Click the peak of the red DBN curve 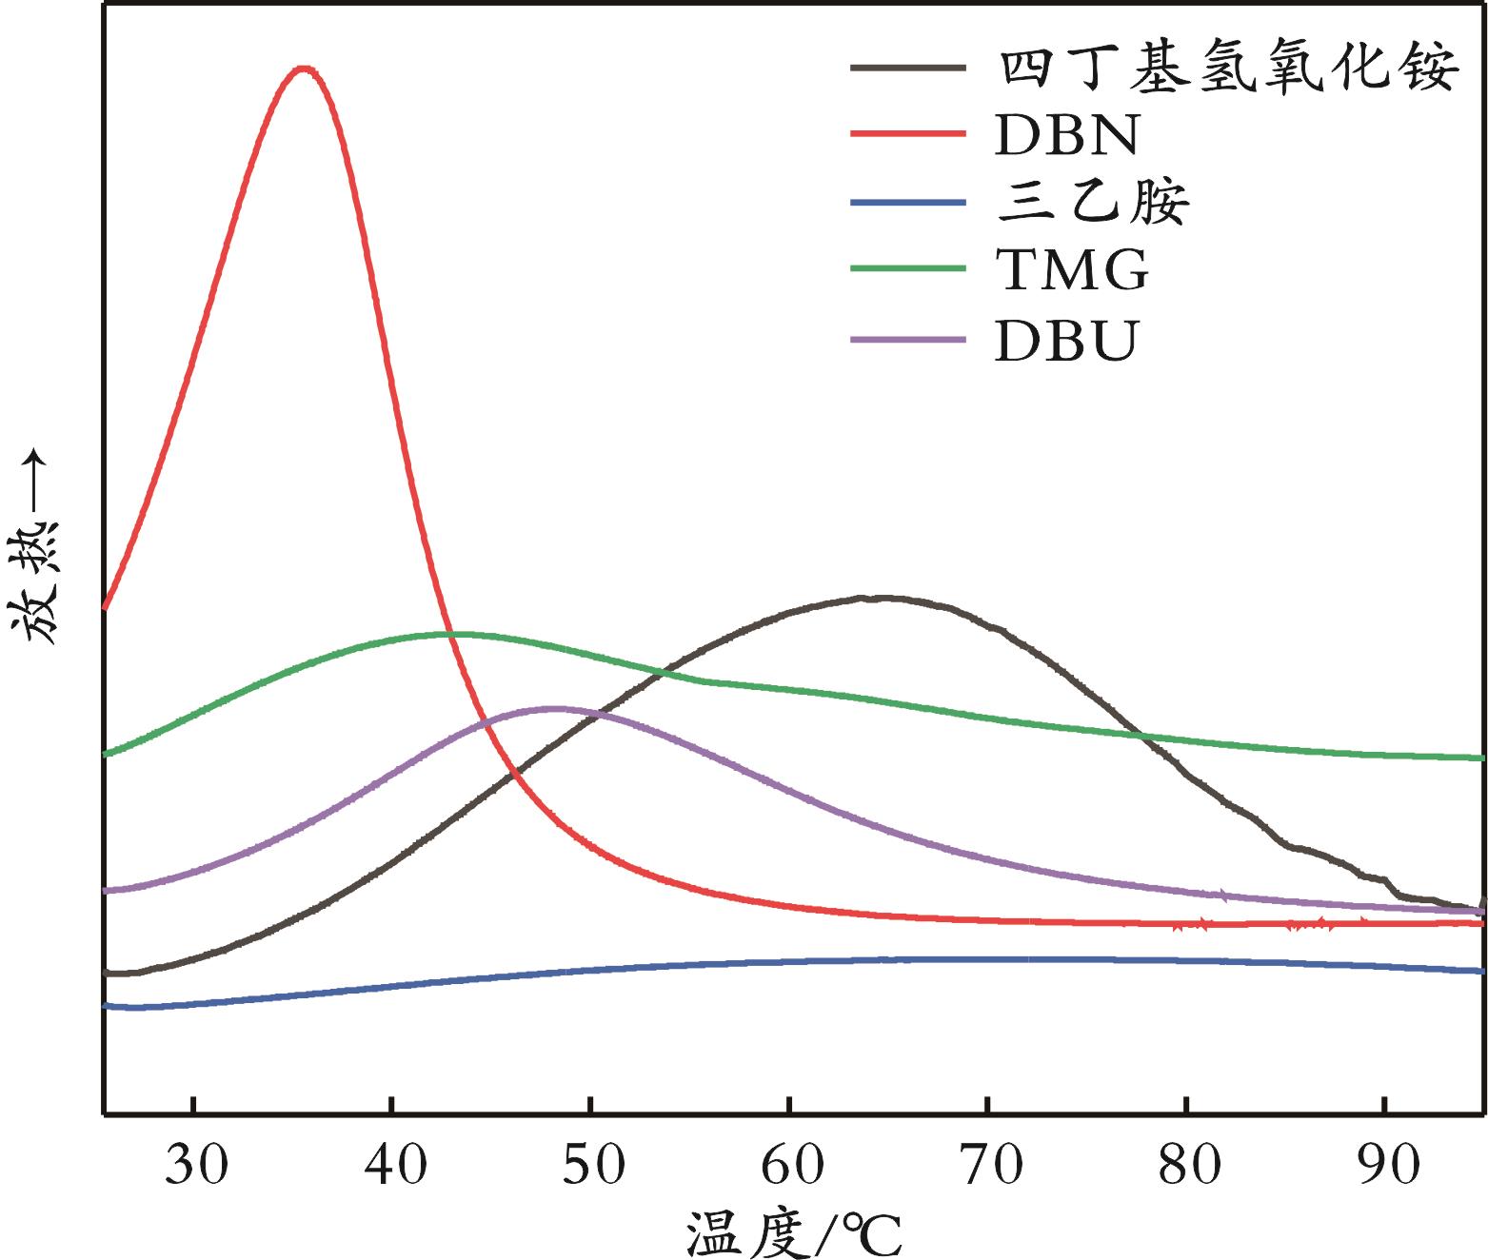pyautogui.click(x=304, y=69)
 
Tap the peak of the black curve pyautogui.click(x=881, y=598)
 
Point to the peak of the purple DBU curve pyautogui.click(x=553, y=708)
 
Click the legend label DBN pyautogui.click(x=1066, y=135)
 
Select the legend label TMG pyautogui.click(x=1072, y=271)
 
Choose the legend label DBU pyautogui.click(x=1066, y=341)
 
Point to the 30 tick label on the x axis pyautogui.click(x=196, y=1166)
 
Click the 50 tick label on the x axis pyautogui.click(x=593, y=1166)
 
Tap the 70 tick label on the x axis pyautogui.click(x=990, y=1166)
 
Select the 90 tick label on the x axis pyautogui.click(x=1387, y=1166)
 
